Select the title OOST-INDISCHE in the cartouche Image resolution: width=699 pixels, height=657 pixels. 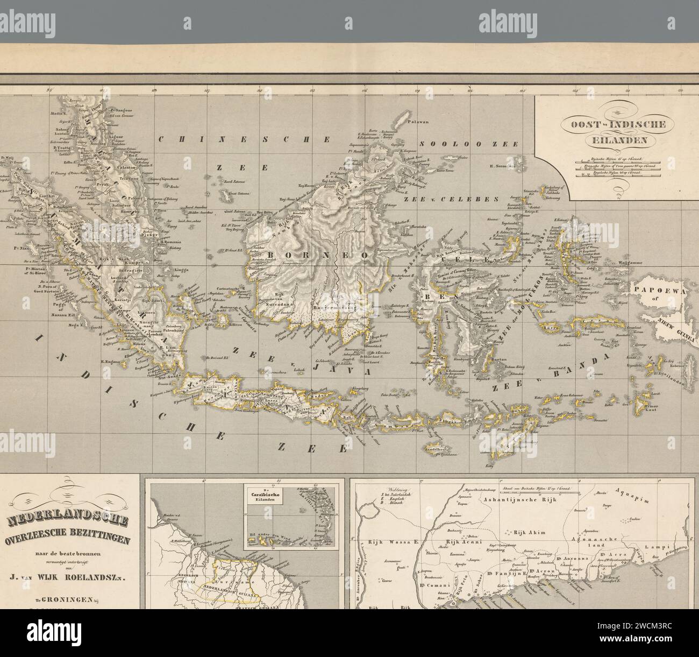pos(614,124)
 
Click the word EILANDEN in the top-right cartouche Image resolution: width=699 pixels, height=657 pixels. pos(614,142)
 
